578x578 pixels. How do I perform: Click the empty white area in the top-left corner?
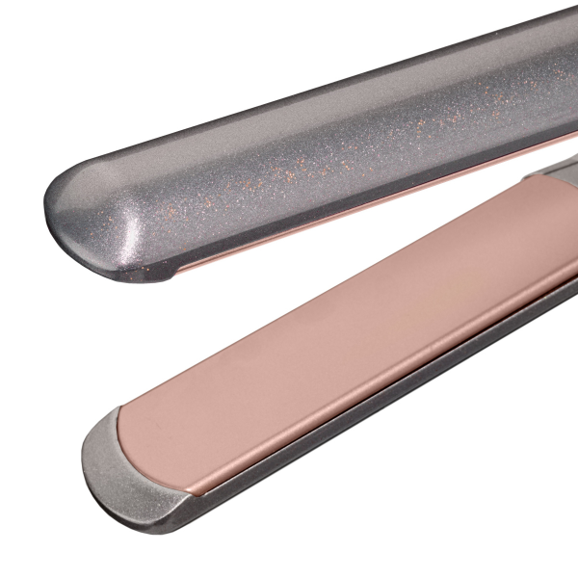(x=39, y=39)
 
